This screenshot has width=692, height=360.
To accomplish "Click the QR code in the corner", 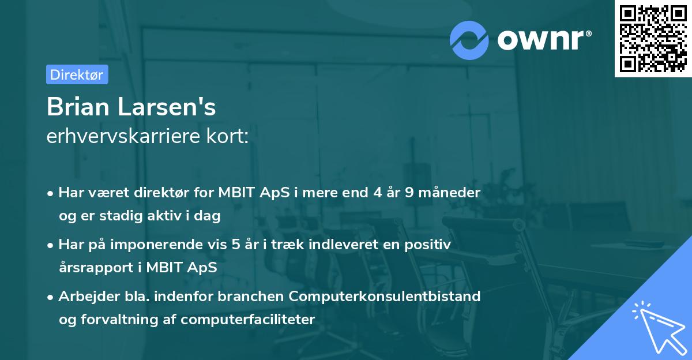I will pos(653,38).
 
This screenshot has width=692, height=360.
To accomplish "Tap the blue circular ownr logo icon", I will pos(469,40).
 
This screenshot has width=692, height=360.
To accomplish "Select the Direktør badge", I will pos(77,74).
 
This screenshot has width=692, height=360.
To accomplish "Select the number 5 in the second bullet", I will pos(235,245).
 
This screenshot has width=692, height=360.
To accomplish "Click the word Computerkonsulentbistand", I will pos(385,297).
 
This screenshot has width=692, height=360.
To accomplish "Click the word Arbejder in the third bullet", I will pos(84,297).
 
